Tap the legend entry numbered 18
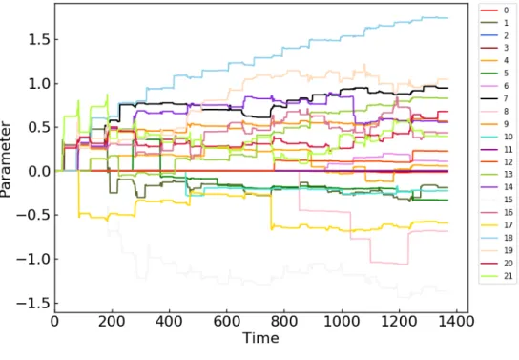(496, 238)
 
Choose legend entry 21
(496, 276)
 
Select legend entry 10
(496, 137)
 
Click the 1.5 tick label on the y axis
(39, 40)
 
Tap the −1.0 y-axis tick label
(32, 259)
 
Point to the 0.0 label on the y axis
(39, 171)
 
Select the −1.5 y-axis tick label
(32, 303)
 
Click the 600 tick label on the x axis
(227, 321)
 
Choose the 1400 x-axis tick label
(457, 321)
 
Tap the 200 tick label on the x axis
(112, 321)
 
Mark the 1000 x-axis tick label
(342, 321)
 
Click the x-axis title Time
(260, 338)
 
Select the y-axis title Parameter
(6, 159)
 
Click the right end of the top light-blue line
(447, 18)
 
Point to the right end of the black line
(447, 88)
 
